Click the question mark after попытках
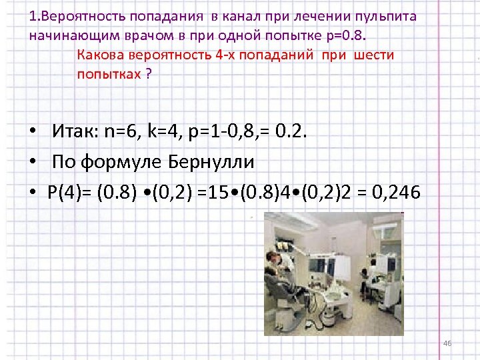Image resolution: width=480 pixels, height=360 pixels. (x=148, y=73)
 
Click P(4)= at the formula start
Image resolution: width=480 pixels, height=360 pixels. (x=69, y=193)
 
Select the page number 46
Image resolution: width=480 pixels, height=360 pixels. (x=447, y=343)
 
